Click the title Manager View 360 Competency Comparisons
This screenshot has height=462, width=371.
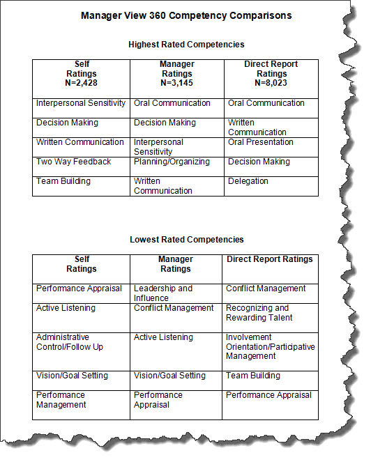186,15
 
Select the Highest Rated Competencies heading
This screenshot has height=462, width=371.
186,45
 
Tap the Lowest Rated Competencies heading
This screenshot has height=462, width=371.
186,240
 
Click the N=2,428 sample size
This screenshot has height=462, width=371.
81,83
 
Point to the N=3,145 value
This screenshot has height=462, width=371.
176,83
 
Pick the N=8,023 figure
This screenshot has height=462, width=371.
271,83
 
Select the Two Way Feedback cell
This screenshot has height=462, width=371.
74,162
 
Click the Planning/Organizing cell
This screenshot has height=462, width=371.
172,162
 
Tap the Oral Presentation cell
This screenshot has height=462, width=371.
261,142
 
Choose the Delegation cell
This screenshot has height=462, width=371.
248,181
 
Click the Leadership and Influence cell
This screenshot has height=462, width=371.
163,293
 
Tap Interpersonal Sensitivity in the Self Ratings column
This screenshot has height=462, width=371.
81,103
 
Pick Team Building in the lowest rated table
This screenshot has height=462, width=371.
253,376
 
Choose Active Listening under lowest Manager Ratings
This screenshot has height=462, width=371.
164,337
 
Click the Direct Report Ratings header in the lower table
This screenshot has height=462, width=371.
270,259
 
